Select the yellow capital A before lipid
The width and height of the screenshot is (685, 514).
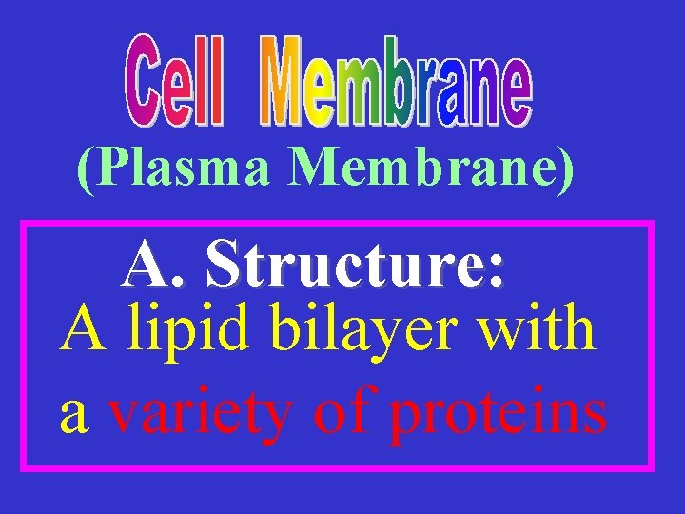[x=80, y=328]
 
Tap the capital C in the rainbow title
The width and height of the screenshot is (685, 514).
[x=145, y=81]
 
